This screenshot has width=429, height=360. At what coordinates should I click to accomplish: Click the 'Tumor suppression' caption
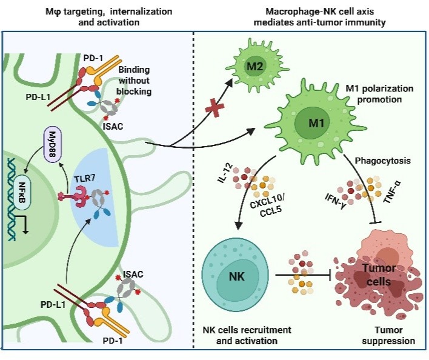click(383, 335)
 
